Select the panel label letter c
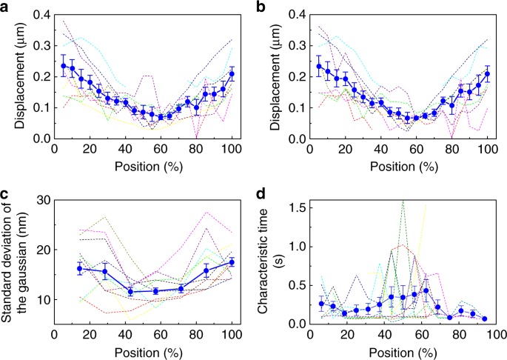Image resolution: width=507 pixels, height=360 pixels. [6, 194]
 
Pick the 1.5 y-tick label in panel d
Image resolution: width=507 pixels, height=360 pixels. [296, 207]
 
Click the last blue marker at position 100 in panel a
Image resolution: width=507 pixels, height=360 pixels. [232, 74]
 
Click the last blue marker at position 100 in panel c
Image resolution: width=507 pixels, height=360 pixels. [232, 262]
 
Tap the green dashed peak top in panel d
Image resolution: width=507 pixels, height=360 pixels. [403, 201]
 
